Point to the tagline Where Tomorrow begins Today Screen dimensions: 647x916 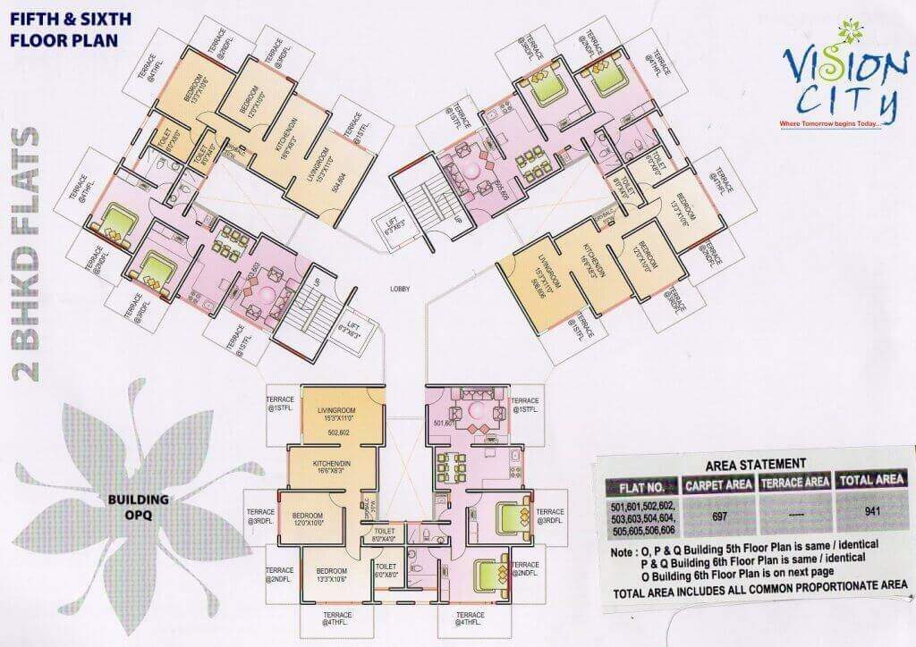829,123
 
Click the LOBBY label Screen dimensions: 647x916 401,289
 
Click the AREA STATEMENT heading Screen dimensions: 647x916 757,465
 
